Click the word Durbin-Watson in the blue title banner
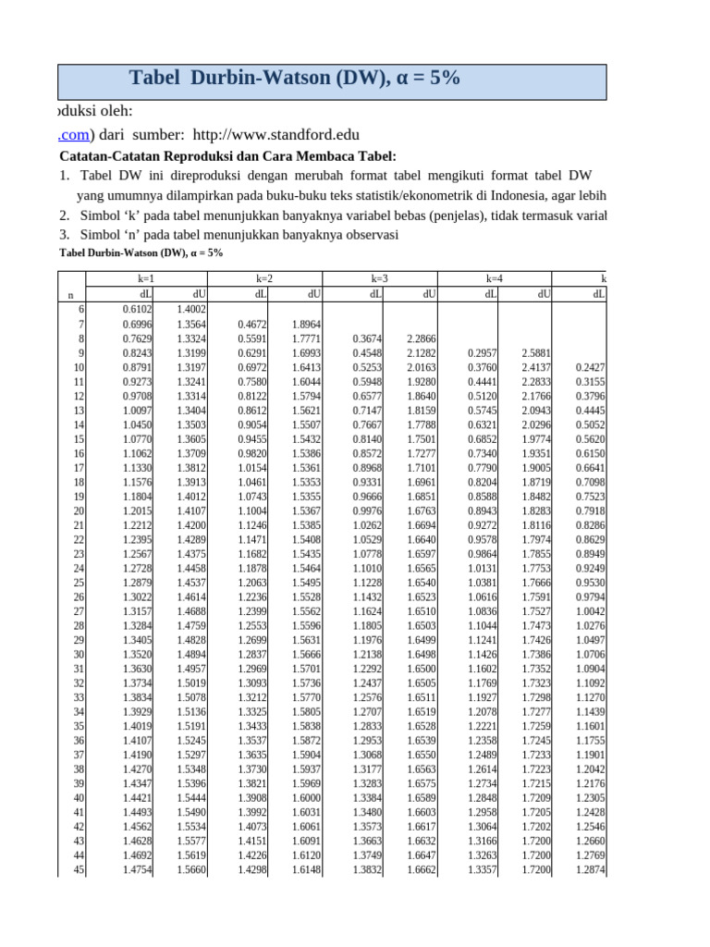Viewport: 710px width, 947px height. pos(266,79)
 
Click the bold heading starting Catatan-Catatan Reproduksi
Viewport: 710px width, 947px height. pos(226,155)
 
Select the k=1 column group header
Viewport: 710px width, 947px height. pos(145,277)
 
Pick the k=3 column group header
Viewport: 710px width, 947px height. pos(379,277)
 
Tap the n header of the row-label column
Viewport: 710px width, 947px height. pos(71,294)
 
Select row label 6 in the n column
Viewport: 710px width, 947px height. pos(80,309)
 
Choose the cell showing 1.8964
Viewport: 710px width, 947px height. pos(307,324)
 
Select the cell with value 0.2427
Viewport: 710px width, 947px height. pos(591,367)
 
